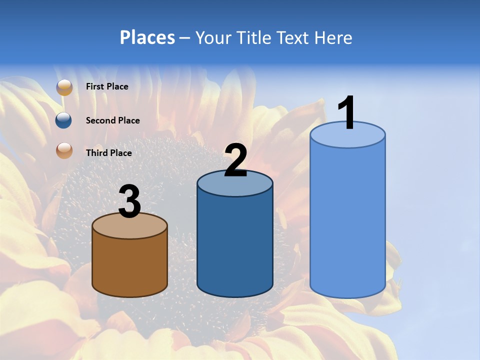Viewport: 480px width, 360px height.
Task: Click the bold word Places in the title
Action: pos(147,37)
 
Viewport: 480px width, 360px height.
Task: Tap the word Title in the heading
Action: pos(253,37)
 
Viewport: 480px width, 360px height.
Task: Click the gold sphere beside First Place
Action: pos(64,87)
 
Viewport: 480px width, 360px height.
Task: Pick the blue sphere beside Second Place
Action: pos(64,120)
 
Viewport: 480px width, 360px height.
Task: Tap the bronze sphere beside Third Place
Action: pos(64,150)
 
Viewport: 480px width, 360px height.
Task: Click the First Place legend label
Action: pos(107,86)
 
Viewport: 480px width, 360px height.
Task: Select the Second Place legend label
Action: pos(112,120)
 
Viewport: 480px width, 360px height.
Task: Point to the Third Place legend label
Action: pos(108,153)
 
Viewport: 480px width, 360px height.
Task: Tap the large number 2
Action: pos(235,160)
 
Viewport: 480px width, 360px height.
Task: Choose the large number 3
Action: pos(129,201)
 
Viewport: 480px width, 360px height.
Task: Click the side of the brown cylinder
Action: pos(129,265)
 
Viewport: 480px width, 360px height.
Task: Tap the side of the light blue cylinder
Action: pos(347,220)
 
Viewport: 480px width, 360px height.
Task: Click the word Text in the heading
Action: pos(295,37)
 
